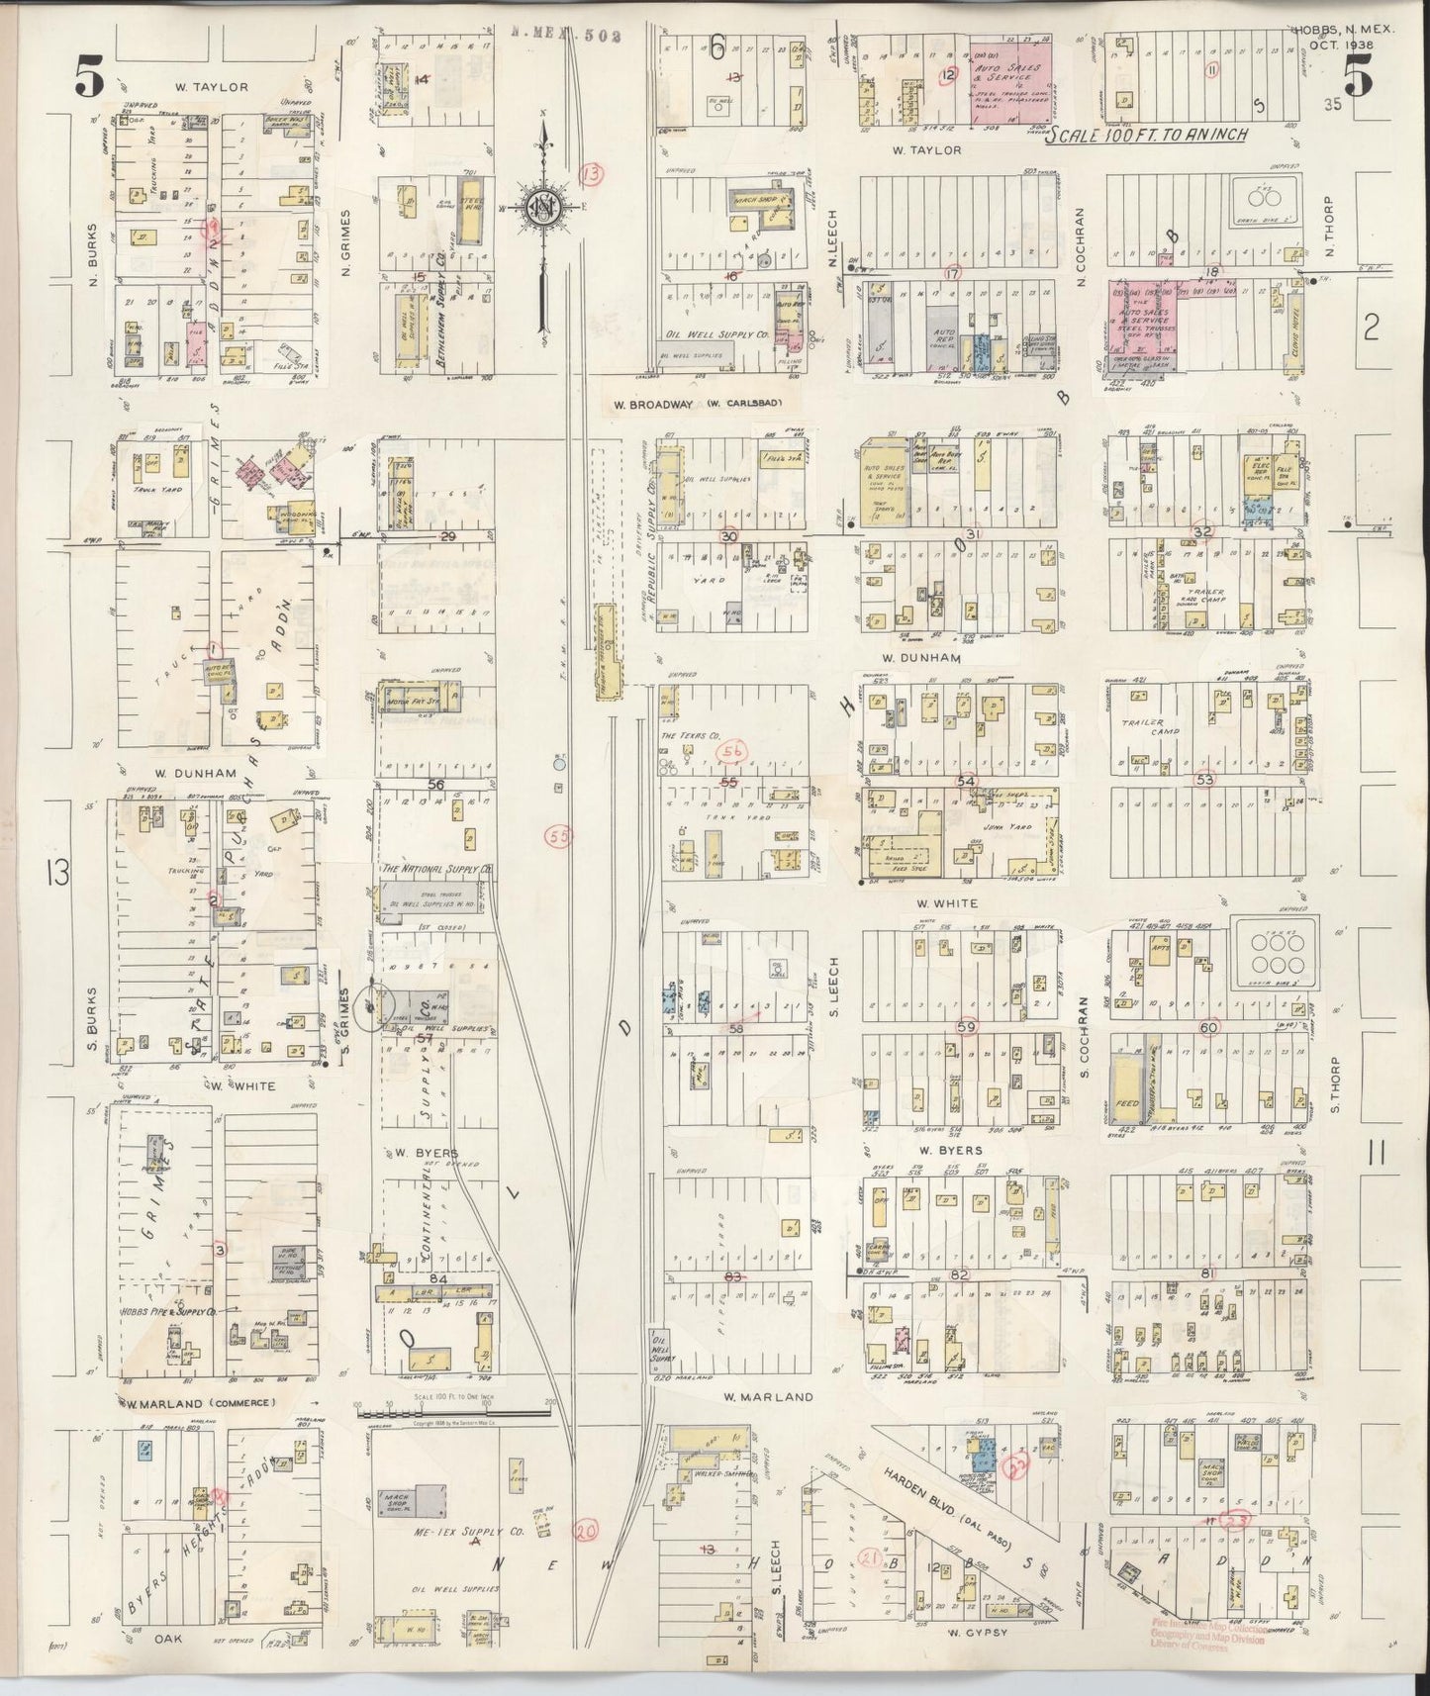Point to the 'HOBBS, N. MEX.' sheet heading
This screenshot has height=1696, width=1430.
click(1341, 31)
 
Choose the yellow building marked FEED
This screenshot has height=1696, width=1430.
click(1127, 1088)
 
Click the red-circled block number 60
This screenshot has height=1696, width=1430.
click(1208, 1028)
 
